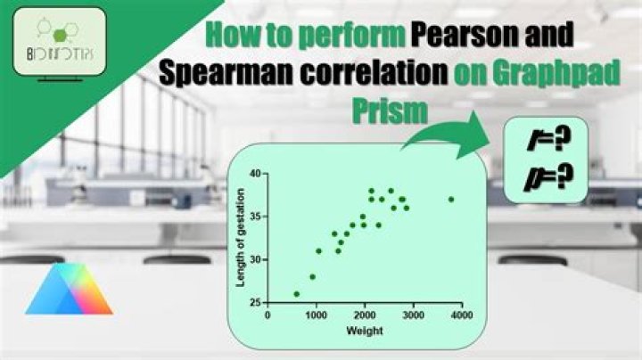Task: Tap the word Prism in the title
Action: [389, 111]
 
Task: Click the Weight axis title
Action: [365, 331]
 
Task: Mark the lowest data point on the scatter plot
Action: [297, 294]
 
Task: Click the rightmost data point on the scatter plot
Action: [451, 200]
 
